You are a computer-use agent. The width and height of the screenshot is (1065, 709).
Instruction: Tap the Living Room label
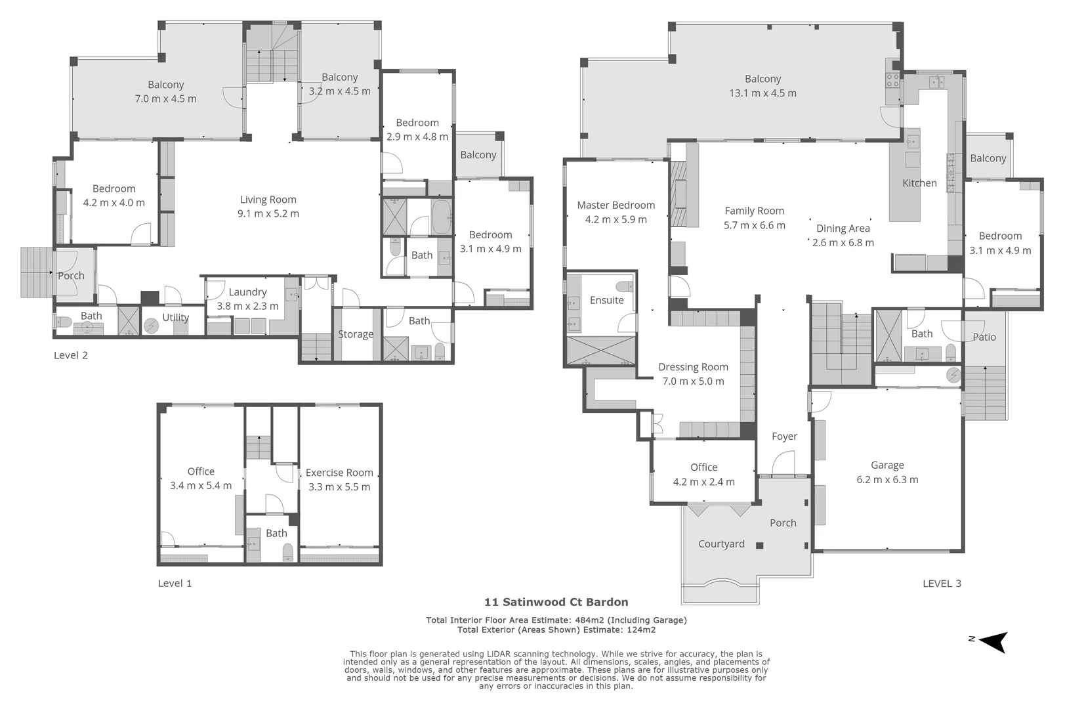[268, 200]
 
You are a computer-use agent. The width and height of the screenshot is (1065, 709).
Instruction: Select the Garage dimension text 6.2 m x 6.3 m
[887, 480]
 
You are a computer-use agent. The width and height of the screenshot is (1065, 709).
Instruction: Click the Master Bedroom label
[616, 205]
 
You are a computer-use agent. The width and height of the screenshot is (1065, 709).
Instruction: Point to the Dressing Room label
[693, 367]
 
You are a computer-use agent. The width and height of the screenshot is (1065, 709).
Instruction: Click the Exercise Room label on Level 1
[339, 473]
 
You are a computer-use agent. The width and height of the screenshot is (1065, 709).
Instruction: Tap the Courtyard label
[721, 544]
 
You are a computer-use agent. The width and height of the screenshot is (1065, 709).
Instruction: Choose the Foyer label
[784, 437]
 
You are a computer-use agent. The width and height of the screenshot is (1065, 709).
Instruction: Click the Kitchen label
[919, 183]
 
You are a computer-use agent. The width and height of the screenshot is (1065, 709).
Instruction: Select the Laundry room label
[247, 292]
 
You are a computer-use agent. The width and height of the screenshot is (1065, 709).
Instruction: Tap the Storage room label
[356, 334]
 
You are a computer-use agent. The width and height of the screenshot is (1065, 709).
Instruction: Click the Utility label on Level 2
[176, 318]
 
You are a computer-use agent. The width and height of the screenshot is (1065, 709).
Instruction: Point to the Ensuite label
[606, 301]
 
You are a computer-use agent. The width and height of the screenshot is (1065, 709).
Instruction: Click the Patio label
[984, 337]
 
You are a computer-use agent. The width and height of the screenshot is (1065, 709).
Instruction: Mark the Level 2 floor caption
[71, 355]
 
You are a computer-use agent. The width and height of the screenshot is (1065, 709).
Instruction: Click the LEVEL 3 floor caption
[942, 584]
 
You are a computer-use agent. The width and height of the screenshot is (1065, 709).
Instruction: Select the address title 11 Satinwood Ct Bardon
[556, 602]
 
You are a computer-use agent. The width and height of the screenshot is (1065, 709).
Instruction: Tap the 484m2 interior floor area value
[590, 620]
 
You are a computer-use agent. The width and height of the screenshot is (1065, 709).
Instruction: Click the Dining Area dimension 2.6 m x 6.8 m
[843, 243]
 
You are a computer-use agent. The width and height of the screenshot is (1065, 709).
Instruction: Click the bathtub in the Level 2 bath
[441, 217]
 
